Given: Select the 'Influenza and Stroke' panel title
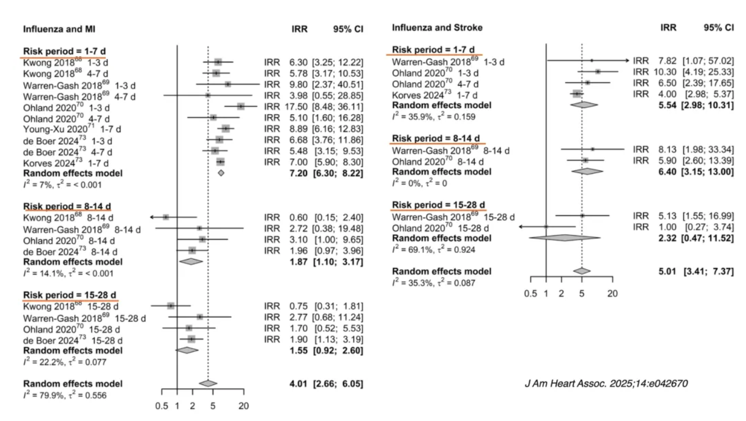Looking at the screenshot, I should pyautogui.click(x=437, y=28).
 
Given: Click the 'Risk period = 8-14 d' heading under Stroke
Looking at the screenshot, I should pyautogui.click(x=436, y=138).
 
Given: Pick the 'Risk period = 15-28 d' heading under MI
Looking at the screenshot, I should pyautogui.click(x=69, y=294).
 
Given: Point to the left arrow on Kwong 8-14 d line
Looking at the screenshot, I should pyautogui.click(x=153, y=217).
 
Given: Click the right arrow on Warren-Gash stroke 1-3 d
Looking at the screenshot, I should pyautogui.click(x=626, y=61).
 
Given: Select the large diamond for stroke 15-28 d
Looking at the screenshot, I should pyautogui.click(x=564, y=238).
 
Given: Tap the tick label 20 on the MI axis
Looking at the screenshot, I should pyautogui.click(x=244, y=406).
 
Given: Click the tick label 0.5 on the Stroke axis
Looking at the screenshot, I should pyautogui.click(x=531, y=293).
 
